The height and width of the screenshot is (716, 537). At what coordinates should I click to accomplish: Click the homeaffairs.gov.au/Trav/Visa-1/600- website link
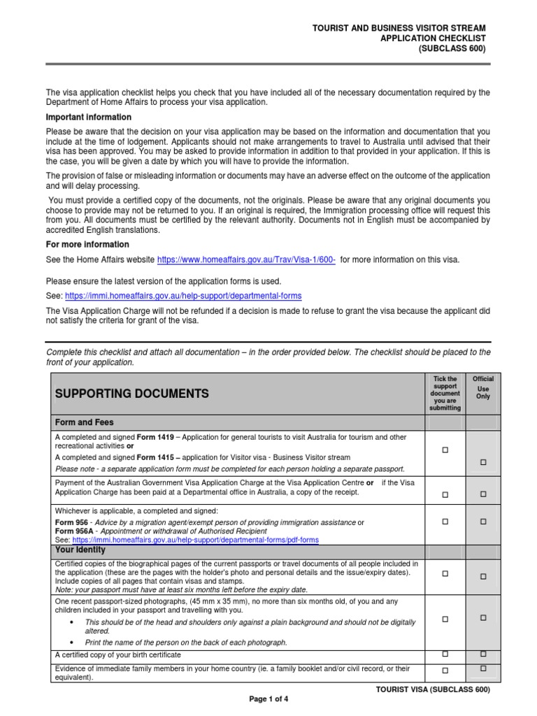point(247,259)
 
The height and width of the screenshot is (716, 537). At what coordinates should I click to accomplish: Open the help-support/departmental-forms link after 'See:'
point(184,296)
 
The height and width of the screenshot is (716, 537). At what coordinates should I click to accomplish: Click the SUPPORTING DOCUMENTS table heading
point(131,394)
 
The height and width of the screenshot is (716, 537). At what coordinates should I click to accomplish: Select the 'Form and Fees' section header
point(84,422)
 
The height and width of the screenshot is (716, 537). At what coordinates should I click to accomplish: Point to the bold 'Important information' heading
point(88,117)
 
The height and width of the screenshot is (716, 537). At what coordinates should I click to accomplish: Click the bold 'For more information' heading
point(87,244)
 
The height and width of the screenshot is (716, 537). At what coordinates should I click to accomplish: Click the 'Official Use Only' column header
point(483,387)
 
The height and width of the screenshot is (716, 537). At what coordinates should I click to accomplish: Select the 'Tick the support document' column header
point(445,393)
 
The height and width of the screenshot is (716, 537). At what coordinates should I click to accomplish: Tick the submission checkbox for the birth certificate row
point(445,654)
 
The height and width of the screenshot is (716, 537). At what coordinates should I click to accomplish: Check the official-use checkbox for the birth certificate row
point(483,654)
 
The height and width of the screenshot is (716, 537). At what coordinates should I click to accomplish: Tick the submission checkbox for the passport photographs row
point(445,619)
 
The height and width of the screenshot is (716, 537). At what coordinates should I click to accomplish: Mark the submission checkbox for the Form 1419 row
point(445,450)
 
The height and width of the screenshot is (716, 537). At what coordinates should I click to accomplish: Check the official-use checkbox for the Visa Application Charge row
point(483,494)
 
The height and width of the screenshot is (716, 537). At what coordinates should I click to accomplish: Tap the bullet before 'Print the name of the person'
point(73,642)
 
